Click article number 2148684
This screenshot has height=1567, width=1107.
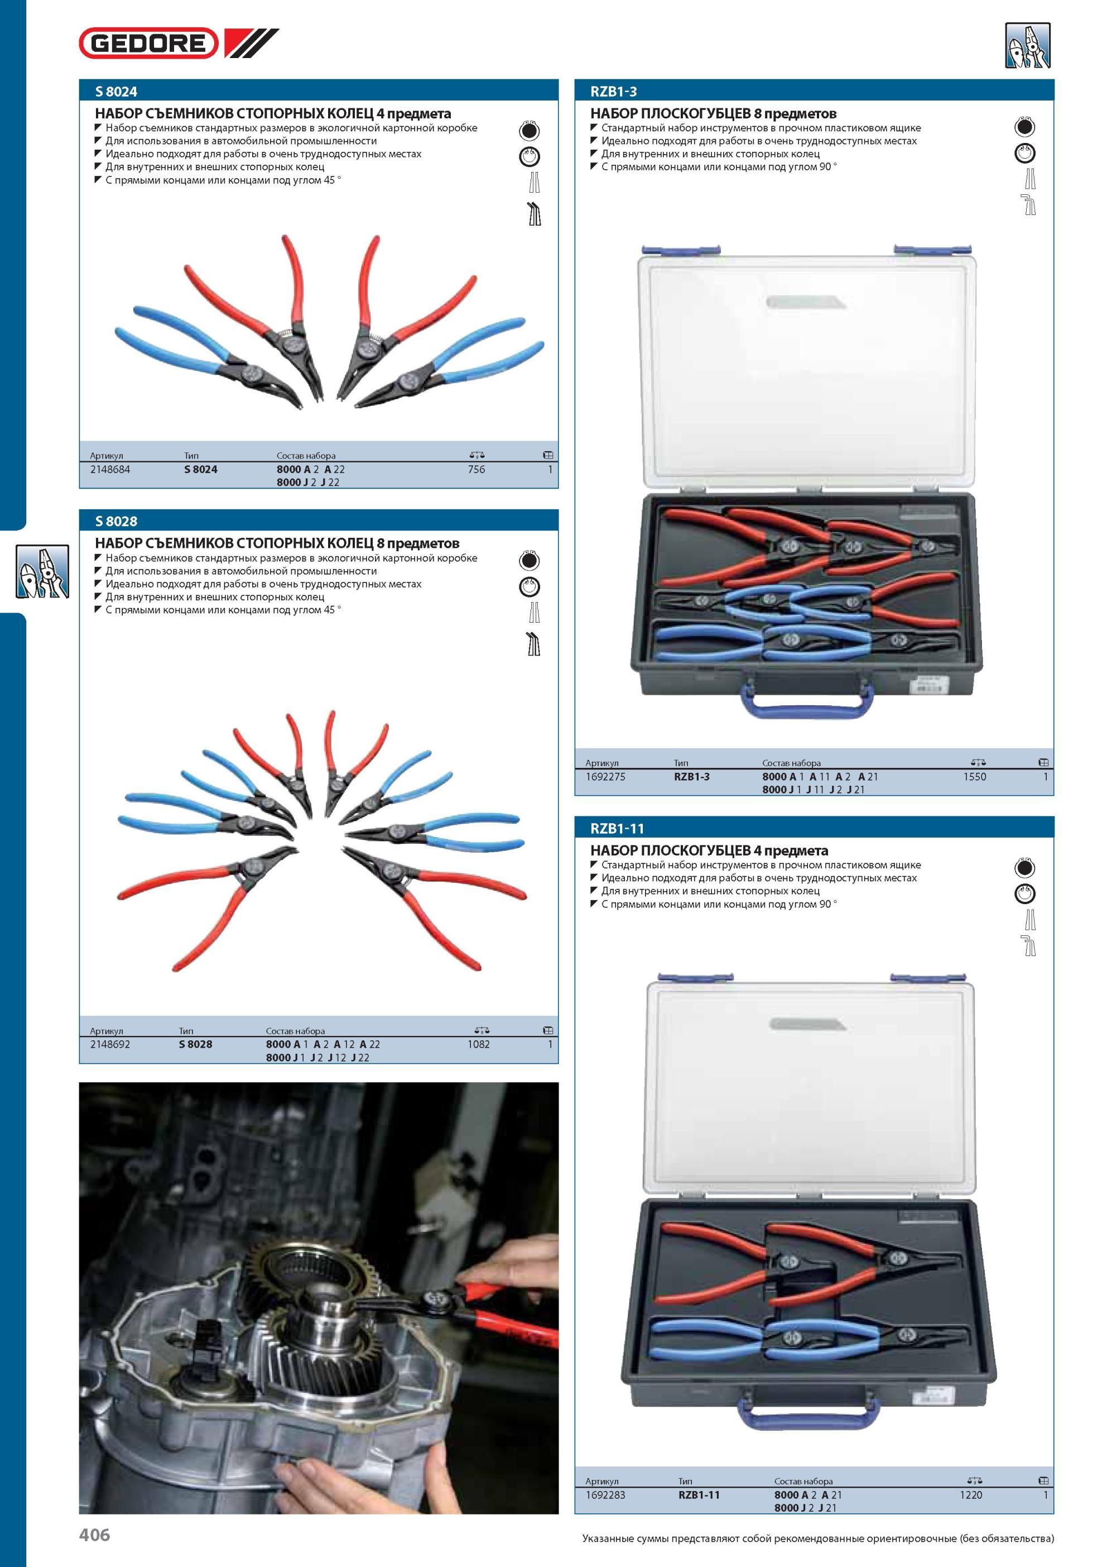tap(110, 469)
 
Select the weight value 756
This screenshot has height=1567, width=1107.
tap(476, 469)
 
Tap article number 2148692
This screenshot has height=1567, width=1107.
tap(110, 1044)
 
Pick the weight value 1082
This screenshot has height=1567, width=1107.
tap(478, 1044)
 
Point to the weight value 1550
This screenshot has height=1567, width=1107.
tap(975, 776)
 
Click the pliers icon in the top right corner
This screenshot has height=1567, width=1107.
tap(1028, 46)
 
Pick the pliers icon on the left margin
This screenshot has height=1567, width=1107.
tap(42, 571)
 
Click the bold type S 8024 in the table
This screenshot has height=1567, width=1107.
tap(200, 469)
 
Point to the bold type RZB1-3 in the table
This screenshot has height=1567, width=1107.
tap(692, 776)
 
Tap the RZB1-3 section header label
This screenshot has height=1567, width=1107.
tap(613, 91)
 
